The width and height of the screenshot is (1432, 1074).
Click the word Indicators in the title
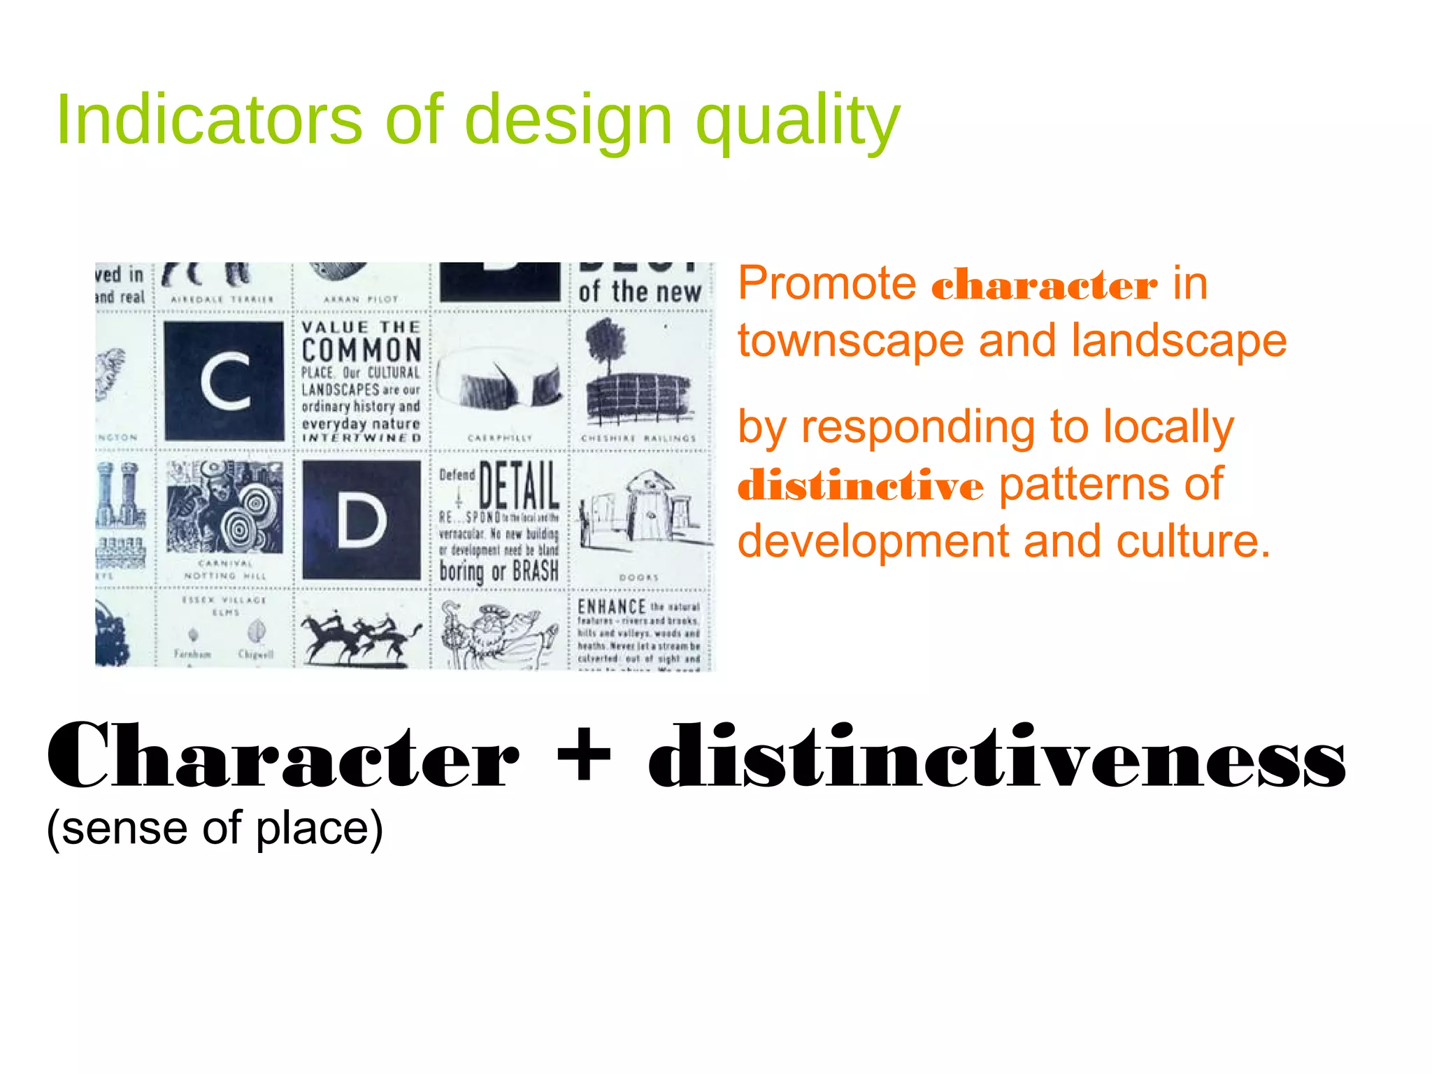[208, 120]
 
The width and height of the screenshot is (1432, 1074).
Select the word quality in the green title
[797, 122]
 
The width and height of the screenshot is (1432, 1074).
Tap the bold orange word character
[1044, 286]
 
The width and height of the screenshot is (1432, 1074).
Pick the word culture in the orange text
[1192, 541]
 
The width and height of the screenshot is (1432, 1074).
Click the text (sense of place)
[215, 829]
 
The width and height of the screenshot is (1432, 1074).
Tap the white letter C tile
[224, 381]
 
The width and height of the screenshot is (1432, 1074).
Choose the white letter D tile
[361, 520]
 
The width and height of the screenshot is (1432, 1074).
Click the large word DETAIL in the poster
[519, 485]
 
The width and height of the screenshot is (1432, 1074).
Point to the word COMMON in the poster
[361, 350]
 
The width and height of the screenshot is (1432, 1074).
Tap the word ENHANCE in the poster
[611, 607]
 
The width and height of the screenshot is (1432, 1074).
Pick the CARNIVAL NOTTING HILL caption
[224, 569]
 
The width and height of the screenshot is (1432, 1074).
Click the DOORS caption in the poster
[638, 578]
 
